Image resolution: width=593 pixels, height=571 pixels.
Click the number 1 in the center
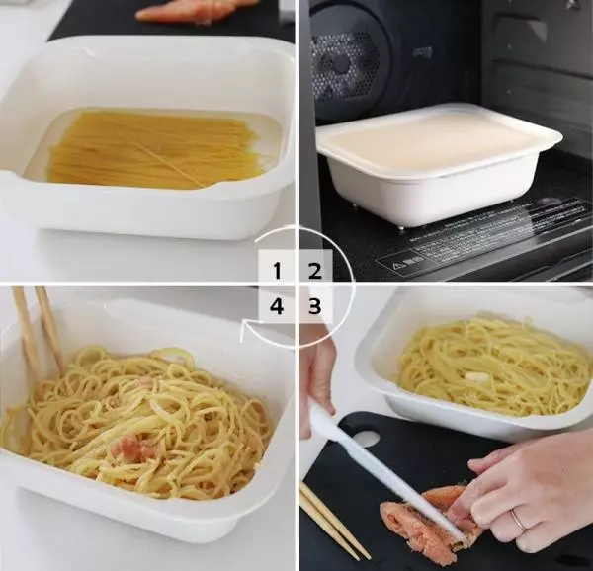click(x=278, y=270)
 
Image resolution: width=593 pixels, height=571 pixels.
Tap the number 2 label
click(x=314, y=270)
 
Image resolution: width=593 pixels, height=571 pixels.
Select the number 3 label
click(x=314, y=306)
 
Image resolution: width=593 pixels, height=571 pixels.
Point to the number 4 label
click(x=278, y=306)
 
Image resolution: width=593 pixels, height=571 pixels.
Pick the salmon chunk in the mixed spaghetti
click(x=133, y=449)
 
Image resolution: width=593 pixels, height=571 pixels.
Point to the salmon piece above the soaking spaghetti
click(x=193, y=11)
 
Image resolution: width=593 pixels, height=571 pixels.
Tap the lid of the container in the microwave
click(x=435, y=138)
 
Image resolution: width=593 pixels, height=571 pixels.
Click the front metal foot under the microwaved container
click(x=400, y=228)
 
